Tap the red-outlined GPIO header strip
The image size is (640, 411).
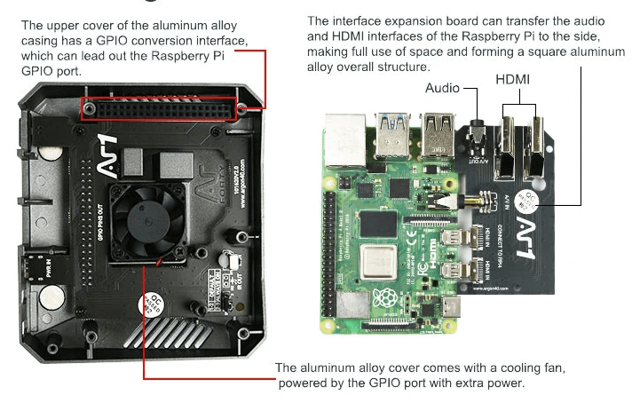[163, 108]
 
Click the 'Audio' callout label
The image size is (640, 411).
[443, 88]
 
